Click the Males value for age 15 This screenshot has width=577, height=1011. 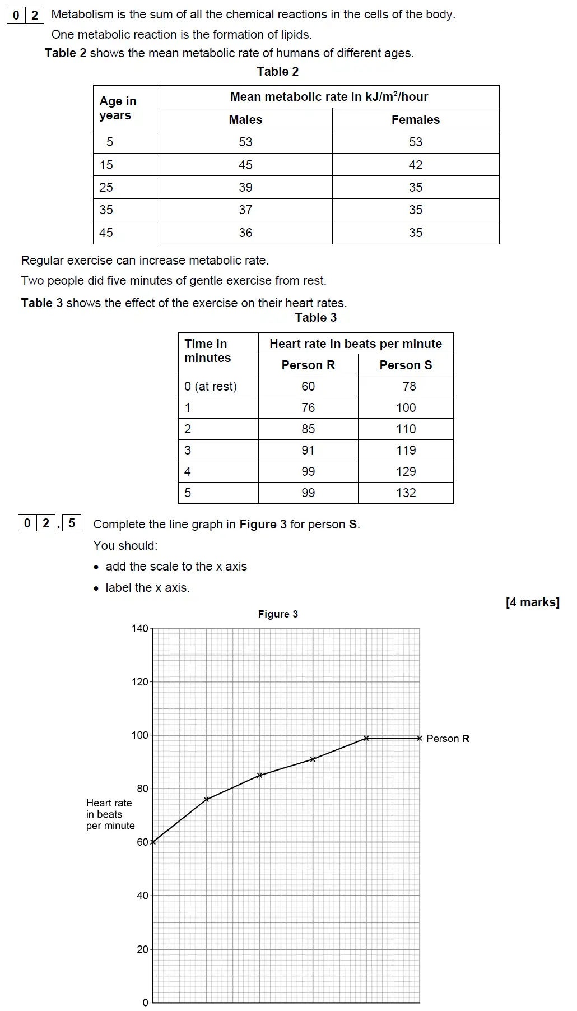click(x=245, y=165)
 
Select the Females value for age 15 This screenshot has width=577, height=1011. click(x=415, y=165)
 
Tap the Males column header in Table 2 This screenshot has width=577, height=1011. click(x=245, y=119)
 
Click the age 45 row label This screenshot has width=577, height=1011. click(x=106, y=233)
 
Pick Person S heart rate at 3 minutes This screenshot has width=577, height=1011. click(x=406, y=450)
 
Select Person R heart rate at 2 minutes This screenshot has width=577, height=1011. click(x=308, y=429)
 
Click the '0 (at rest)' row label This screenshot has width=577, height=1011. click(x=211, y=386)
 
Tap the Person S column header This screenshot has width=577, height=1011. click(x=406, y=365)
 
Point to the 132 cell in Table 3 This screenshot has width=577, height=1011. click(x=406, y=493)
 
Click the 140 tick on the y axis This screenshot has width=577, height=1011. click(x=140, y=628)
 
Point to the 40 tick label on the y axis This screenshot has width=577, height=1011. click(x=142, y=896)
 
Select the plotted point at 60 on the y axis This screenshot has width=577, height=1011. click(x=153, y=842)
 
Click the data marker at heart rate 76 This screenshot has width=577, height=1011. click(x=206, y=799)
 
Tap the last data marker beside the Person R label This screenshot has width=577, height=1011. click(x=420, y=738)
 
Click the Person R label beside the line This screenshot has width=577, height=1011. click(x=448, y=739)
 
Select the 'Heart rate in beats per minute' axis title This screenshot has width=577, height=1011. click(x=110, y=814)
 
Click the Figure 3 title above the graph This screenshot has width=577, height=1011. click(x=278, y=614)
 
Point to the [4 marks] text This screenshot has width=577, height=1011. click(x=532, y=602)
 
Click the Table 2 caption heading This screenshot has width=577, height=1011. click(x=278, y=71)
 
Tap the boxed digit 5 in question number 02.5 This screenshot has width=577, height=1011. click(x=72, y=523)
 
